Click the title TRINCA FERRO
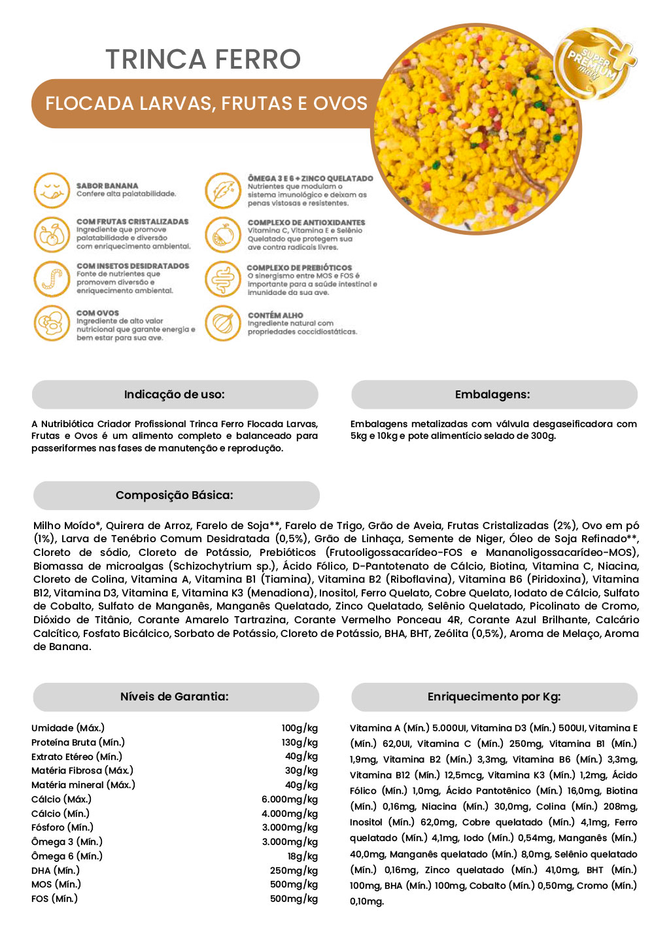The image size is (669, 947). [x=203, y=60]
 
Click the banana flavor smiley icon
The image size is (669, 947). [x=52, y=190]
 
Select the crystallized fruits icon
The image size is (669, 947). [x=52, y=234]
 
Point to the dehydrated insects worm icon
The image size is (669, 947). [x=52, y=279]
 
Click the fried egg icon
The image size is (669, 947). [x=52, y=323]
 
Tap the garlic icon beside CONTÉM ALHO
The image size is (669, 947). [x=223, y=323]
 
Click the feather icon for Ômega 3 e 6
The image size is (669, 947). [x=223, y=190]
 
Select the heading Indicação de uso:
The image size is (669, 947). [x=175, y=394]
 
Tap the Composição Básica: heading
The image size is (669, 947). [x=175, y=495]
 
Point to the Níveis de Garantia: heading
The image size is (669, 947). [x=175, y=697]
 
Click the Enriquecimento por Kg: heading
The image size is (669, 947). [x=494, y=697]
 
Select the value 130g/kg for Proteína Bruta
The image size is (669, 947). [x=300, y=742]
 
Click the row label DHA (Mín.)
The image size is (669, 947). [x=56, y=870]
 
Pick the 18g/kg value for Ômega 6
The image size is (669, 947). [x=302, y=856]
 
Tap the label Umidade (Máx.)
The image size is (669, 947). [x=68, y=728]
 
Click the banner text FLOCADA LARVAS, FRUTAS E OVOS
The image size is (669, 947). [x=206, y=103]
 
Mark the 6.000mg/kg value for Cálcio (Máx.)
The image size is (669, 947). [x=290, y=799]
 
